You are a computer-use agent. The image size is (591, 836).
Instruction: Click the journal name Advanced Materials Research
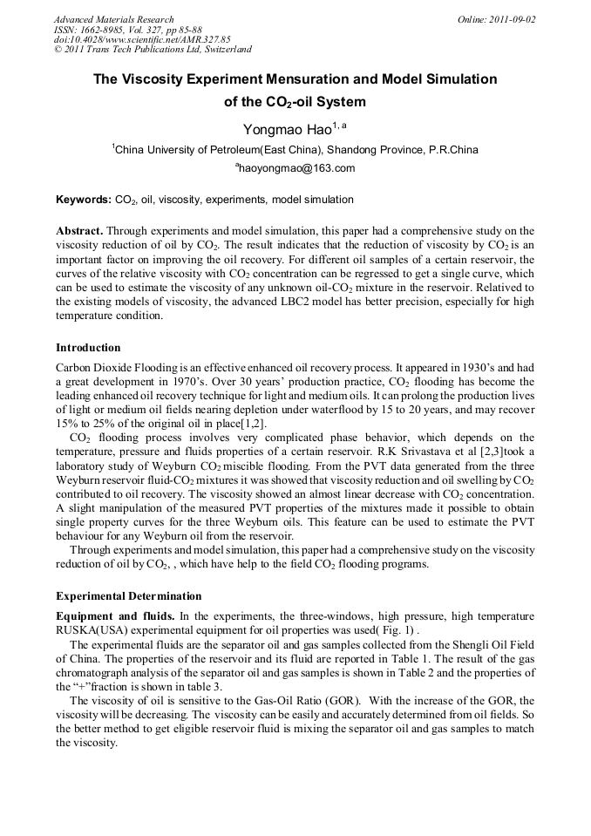[113, 19]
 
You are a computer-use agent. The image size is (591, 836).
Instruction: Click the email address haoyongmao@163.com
[295, 168]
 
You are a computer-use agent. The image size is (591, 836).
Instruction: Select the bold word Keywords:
[84, 200]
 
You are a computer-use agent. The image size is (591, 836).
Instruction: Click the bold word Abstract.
[80, 231]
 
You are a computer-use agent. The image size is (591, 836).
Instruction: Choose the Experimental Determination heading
[128, 596]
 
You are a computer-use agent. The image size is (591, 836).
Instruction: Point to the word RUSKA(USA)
[92, 630]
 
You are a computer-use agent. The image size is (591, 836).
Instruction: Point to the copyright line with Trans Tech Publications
[153, 50]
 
